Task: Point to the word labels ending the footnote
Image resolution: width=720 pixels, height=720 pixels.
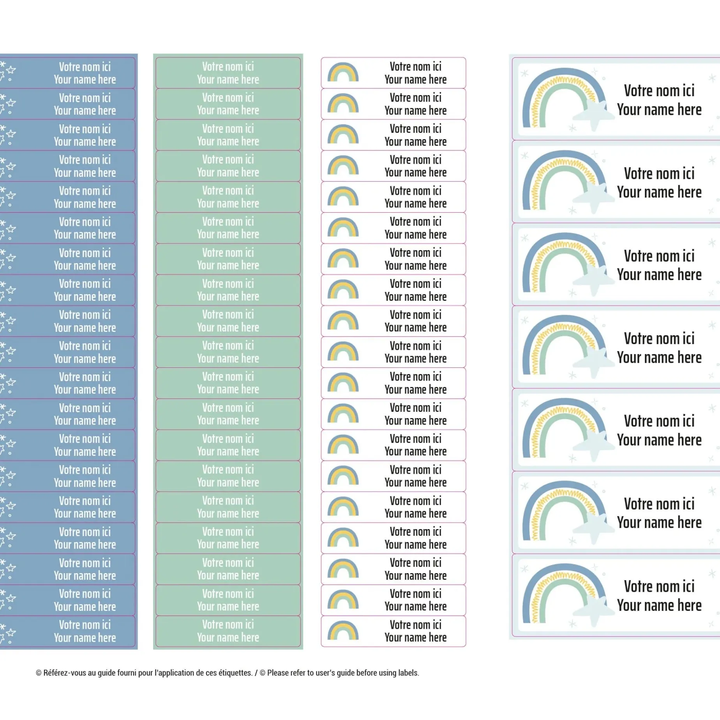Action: [408, 673]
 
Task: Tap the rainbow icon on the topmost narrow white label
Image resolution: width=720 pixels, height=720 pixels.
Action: [343, 72]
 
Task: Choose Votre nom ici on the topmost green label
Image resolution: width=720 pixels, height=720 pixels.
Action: [228, 67]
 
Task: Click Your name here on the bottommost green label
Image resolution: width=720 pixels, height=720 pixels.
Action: [228, 637]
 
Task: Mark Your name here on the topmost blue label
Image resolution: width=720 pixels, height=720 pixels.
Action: [85, 79]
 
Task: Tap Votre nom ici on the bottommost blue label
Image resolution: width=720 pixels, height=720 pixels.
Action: [85, 625]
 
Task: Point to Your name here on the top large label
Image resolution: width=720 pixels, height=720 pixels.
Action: [659, 110]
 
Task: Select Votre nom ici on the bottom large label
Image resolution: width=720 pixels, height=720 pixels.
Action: [659, 586]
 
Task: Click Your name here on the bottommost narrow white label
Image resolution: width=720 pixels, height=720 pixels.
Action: [416, 637]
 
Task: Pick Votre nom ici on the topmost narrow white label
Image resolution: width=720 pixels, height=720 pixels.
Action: [416, 67]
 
